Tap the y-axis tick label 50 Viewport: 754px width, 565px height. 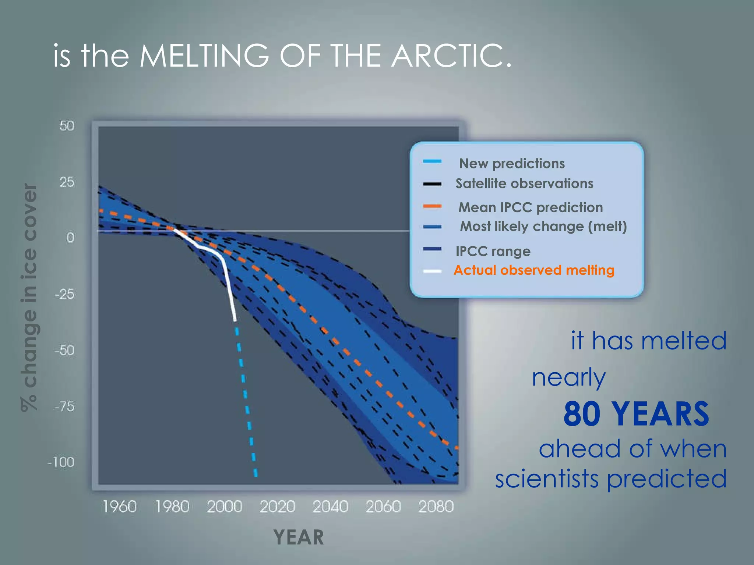[67, 126]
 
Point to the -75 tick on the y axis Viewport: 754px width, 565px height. [64, 406]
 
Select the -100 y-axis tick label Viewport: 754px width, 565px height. [61, 462]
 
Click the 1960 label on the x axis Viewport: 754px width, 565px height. [119, 507]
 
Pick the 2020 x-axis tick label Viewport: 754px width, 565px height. [277, 507]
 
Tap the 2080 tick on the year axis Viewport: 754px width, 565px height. [436, 507]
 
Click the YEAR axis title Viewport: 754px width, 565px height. [299, 537]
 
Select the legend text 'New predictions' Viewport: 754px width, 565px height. [512, 163]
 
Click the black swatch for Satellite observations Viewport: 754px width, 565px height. [432, 184]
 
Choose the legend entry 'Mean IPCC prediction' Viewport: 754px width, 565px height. [531, 207]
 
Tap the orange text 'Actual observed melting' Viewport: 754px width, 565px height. [534, 270]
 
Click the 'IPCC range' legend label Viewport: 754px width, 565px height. [493, 251]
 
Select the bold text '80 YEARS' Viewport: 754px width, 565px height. [636, 414]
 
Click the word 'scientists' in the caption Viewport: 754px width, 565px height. [547, 479]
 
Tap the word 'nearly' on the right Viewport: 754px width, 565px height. [569, 378]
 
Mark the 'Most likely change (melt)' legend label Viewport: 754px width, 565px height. [543, 227]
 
